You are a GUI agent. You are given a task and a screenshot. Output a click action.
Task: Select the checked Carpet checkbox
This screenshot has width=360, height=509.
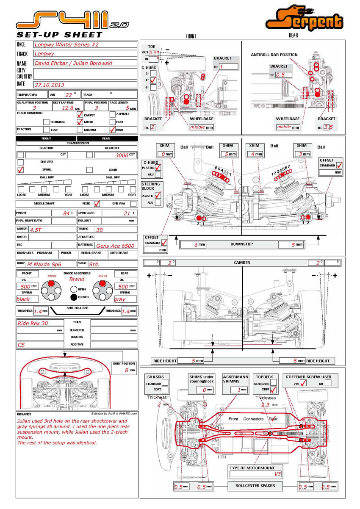point(80,114)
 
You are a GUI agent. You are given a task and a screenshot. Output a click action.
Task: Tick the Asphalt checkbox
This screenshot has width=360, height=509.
point(113,114)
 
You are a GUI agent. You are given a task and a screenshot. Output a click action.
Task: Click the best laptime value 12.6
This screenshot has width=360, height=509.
point(68,108)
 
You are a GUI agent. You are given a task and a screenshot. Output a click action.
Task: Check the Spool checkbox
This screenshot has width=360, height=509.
point(20,170)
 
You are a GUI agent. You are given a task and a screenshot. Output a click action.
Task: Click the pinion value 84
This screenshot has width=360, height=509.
point(66,213)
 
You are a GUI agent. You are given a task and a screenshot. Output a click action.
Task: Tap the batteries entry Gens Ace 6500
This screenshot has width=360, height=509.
point(115,246)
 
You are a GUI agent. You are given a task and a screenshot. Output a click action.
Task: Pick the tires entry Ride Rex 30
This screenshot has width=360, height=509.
point(33,323)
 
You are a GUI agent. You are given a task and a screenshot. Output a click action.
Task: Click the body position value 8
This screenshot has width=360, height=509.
point(126,370)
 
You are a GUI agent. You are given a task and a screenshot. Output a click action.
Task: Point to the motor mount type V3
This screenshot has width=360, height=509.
point(278,473)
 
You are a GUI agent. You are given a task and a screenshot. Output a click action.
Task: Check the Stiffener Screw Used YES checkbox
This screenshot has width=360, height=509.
point(303,384)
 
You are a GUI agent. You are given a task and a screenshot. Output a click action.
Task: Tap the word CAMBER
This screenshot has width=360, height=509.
point(242,263)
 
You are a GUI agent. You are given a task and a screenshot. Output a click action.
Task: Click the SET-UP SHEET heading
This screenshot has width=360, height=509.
point(59,34)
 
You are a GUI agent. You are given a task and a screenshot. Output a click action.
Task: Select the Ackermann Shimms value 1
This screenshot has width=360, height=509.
point(239,390)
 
